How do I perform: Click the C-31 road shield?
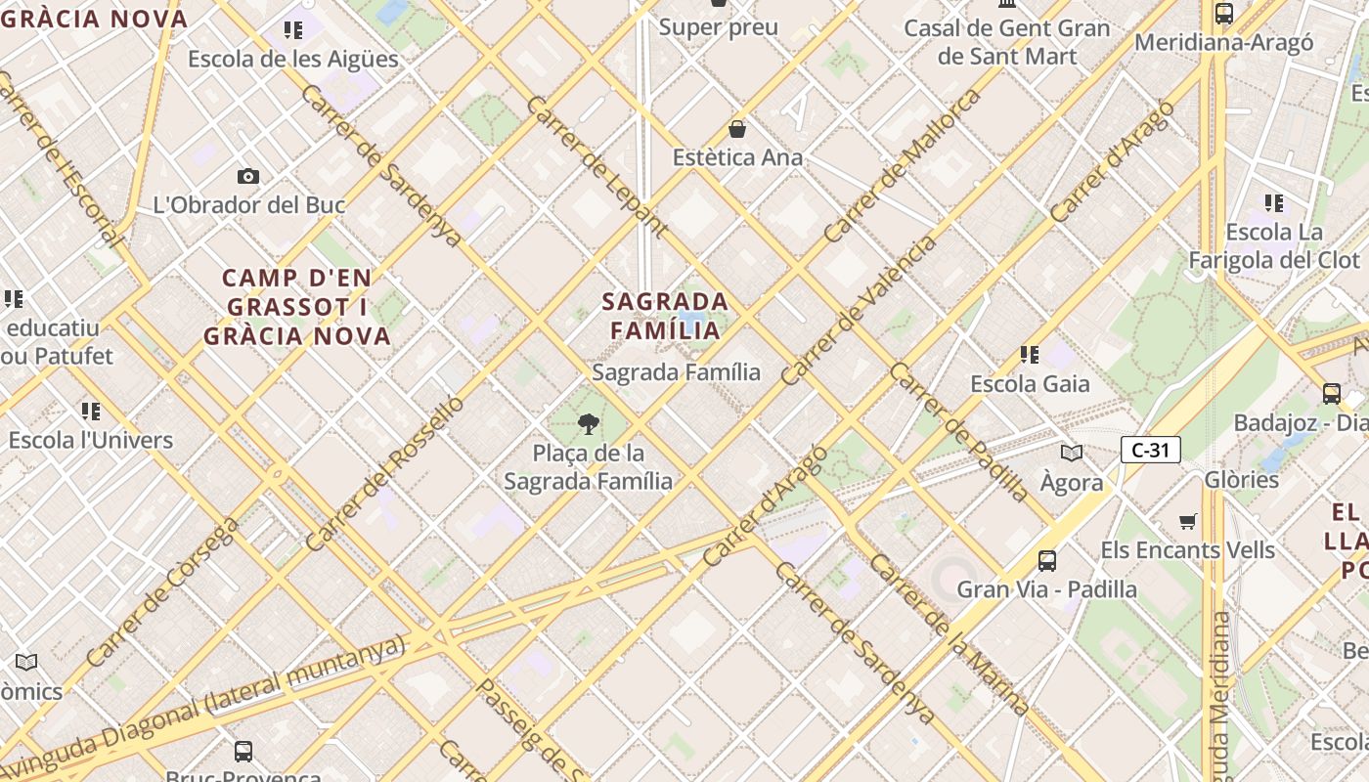click(1151, 450)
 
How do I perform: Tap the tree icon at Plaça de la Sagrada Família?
click(589, 423)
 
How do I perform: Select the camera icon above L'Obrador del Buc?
click(248, 176)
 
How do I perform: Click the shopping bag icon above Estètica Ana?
click(737, 129)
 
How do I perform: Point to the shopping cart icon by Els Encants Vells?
click(1188, 521)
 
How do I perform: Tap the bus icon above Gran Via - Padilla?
click(1047, 560)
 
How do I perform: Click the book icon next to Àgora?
click(1072, 453)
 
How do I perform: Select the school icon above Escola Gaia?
click(1029, 354)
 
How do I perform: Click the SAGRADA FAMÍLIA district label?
click(665, 315)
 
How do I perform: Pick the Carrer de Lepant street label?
click(596, 166)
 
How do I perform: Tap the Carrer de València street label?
click(859, 310)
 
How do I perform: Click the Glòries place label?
click(1242, 479)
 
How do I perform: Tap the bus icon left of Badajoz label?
click(1331, 394)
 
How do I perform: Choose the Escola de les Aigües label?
click(293, 59)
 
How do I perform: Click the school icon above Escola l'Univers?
click(91, 411)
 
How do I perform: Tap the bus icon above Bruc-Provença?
click(243, 751)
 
